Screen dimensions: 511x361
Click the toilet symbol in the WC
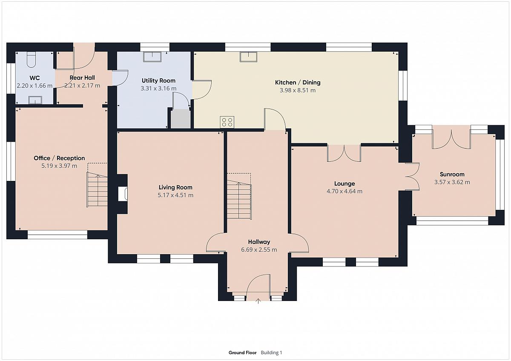(31, 60)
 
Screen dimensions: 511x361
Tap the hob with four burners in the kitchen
(227, 122)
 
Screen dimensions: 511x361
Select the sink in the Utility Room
(152, 57)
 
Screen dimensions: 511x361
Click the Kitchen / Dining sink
(248, 57)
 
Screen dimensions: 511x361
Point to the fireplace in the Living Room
(123, 194)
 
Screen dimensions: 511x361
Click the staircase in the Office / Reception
(97, 190)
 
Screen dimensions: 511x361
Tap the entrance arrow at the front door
(258, 301)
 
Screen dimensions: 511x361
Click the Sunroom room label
(452, 175)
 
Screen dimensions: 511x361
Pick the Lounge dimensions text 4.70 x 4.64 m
(344, 191)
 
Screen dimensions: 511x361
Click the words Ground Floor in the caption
(242, 352)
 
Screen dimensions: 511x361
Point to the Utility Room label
(158, 80)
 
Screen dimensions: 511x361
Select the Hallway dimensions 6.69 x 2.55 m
(259, 250)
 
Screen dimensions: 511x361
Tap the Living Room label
(175, 187)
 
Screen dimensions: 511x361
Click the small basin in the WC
(35, 100)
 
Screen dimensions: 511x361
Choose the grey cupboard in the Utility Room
(181, 119)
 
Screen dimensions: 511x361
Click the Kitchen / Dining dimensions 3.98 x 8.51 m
(298, 90)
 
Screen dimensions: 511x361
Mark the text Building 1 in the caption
(272, 352)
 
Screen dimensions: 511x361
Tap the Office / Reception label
(59, 158)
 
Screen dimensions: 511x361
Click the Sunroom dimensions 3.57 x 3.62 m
(452, 182)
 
